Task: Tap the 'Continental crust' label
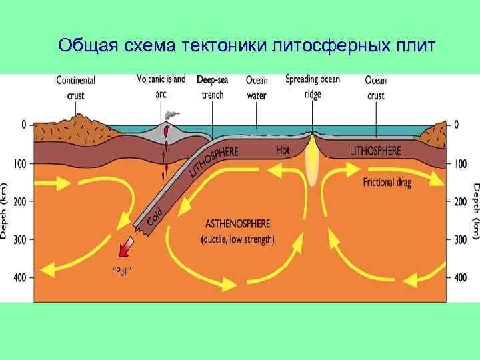tap(75, 87)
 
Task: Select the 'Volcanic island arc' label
tap(161, 86)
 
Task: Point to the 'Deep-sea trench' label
tap(213, 87)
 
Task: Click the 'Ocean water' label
tap(257, 87)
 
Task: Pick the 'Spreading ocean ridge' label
tap(313, 86)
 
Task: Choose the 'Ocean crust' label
tap(376, 87)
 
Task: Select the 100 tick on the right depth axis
tap(459, 163)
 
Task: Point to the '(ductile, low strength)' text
tap(238, 238)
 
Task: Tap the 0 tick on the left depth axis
tap(23, 125)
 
